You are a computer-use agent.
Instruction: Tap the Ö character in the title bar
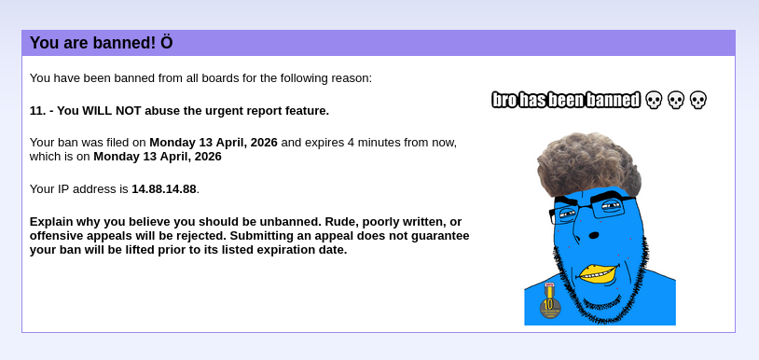tap(167, 42)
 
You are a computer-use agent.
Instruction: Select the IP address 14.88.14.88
tap(164, 189)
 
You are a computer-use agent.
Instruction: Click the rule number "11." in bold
tap(37, 111)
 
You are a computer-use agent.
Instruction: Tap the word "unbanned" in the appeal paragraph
tap(290, 222)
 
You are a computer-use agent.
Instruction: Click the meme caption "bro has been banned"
tap(566, 100)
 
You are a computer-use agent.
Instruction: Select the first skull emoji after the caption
tap(654, 100)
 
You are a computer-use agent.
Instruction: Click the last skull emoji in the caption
tap(698, 100)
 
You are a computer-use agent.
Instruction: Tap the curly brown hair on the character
tap(589, 163)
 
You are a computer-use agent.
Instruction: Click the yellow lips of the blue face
tap(599, 273)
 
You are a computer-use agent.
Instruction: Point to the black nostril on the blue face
tap(594, 236)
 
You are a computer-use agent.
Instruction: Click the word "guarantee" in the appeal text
tap(442, 236)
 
